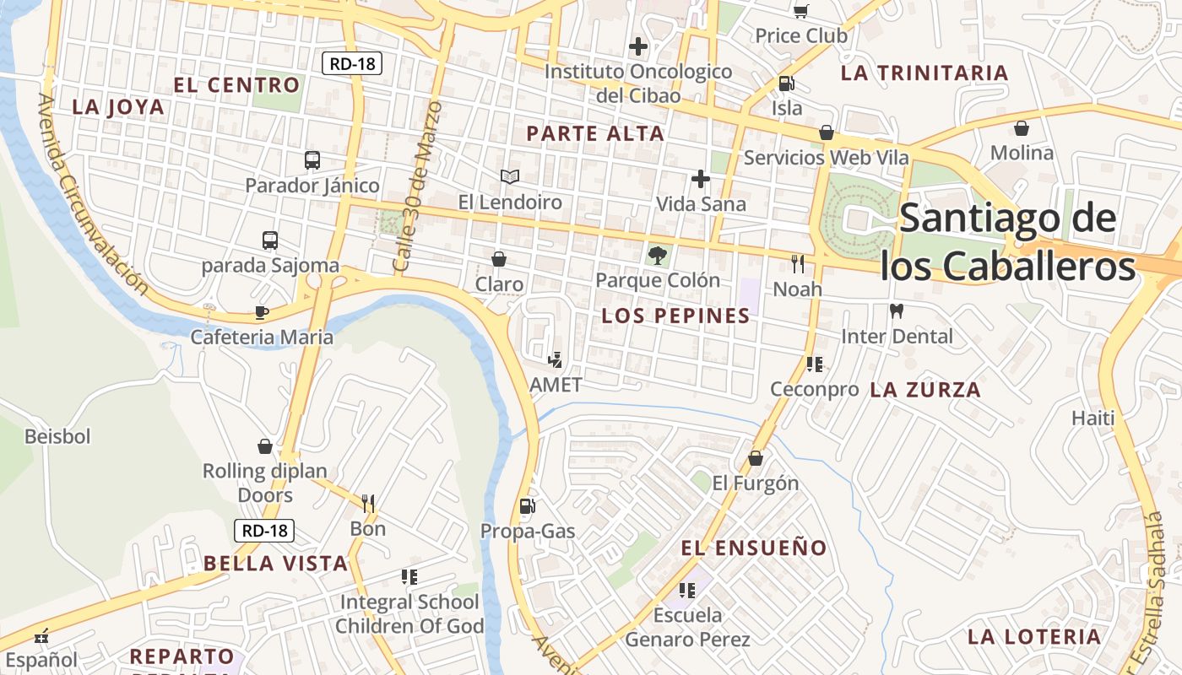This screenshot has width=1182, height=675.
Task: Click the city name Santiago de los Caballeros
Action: pos(1007,243)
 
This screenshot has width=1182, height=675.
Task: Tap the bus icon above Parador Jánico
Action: pos(312,159)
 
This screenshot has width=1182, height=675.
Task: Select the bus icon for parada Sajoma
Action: pos(270,240)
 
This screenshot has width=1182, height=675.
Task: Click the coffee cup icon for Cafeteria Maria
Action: pos(262,312)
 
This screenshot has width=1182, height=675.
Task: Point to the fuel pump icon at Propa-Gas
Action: pos(527,505)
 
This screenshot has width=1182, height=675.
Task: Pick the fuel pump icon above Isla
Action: pos(786,84)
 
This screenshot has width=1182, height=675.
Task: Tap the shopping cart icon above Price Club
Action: pos(800,11)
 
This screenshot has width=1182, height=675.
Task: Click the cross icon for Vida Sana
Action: pos(700,179)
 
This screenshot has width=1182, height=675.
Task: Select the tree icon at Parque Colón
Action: pos(657,254)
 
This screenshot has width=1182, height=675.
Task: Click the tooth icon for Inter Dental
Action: pos(897,310)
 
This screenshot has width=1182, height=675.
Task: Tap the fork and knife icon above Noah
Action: pos(798,264)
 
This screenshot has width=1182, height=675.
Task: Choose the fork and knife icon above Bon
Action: pos(368,504)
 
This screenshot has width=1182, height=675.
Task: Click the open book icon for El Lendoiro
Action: pos(509,176)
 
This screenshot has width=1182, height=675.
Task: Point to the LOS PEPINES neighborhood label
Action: pos(675,316)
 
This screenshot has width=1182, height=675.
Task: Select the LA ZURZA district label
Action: pos(925,390)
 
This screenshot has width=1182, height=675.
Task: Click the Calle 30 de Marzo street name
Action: pos(417,187)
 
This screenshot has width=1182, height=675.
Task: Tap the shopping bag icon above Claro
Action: pos(499,258)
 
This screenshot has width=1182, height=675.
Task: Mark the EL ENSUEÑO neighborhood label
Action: pos(754,548)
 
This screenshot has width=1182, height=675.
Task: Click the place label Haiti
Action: pos(1093,418)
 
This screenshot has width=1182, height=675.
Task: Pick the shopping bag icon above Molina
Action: pos(1022,128)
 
